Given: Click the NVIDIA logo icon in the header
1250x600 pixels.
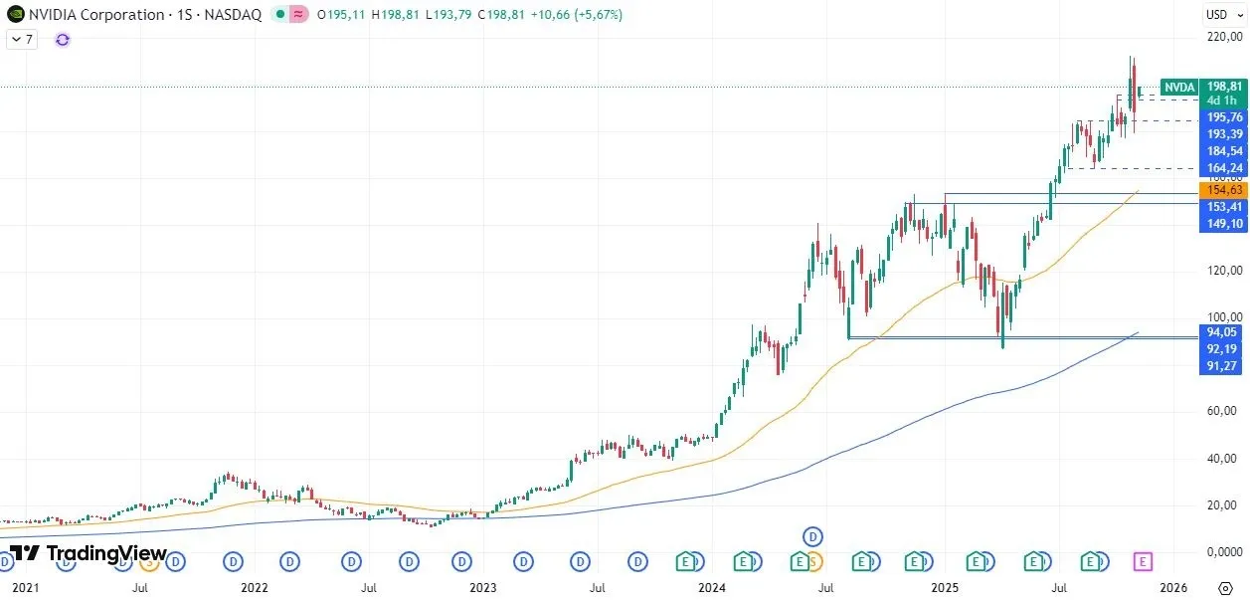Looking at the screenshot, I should coord(13,15).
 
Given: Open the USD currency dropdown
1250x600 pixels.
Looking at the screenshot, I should coord(1219,14).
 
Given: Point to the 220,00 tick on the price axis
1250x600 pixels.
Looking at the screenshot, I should coord(1223,38).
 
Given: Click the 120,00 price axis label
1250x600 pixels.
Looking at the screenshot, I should coord(1223,271).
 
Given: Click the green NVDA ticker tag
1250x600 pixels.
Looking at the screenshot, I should coord(1179,87).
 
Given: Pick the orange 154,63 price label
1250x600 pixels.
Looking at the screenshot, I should coord(1223,190).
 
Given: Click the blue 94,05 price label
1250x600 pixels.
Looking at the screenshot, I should coord(1223,332).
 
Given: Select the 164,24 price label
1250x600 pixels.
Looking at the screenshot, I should coord(1223,168).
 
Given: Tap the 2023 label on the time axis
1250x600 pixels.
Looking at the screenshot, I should coord(482,588).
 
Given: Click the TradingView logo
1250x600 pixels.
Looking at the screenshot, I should coord(89,553).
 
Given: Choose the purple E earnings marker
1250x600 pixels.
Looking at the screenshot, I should coord(1143,562).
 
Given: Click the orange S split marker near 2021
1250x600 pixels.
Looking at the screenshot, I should coord(149,562).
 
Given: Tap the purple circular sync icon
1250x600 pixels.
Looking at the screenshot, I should coord(63,40).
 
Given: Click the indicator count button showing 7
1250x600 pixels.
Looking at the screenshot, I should coord(22,40).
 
